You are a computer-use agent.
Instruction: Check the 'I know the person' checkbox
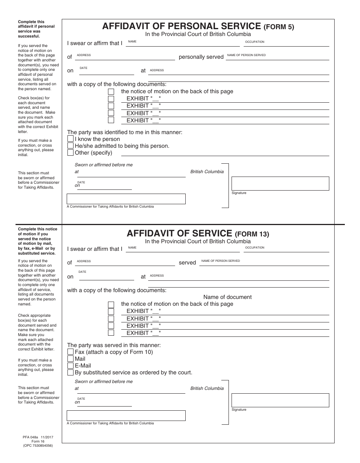pos(70,139)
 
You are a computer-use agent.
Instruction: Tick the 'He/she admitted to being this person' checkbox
pos(70,146)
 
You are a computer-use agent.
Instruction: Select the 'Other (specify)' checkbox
pos(70,153)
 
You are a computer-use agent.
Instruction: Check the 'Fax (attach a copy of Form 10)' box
pos(70,352)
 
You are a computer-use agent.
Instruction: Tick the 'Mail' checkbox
pos(70,359)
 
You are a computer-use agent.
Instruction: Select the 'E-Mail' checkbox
pos(70,366)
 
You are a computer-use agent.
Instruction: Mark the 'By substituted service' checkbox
pos(70,372)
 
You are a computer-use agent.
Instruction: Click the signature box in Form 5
pos(280,183)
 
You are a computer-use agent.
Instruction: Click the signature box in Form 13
pos(280,400)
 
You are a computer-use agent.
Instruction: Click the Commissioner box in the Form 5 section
pos(126,199)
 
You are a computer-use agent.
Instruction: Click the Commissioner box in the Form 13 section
pos(126,416)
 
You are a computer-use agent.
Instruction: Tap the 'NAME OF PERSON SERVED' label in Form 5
pos(246,55)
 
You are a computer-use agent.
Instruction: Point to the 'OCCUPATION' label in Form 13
pos(255,248)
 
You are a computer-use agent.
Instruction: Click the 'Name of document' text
pos(227,297)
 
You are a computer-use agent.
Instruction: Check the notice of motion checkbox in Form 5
pos(111,92)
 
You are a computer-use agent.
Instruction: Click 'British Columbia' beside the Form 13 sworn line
pos(207,388)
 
